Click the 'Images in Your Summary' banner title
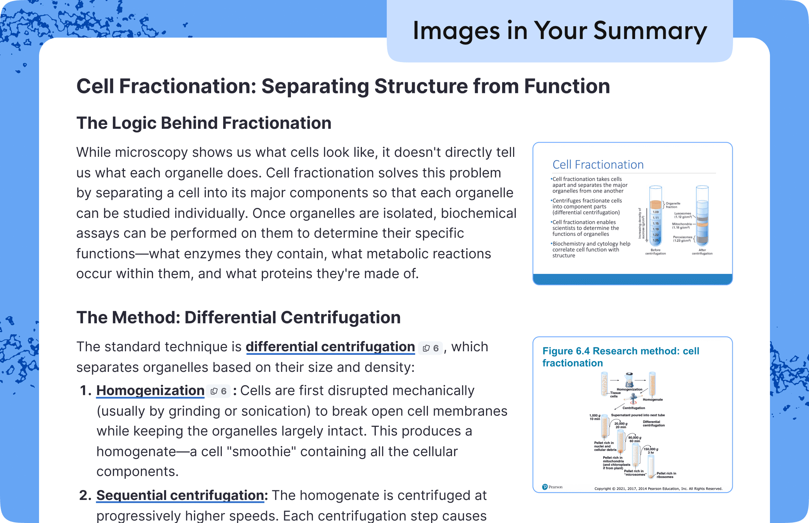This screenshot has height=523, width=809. [560, 31]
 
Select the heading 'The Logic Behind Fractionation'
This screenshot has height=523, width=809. [204, 123]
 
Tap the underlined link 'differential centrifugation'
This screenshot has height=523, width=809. [330, 347]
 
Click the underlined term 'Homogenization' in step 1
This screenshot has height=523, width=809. [150, 391]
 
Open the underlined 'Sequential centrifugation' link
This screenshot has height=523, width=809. [180, 495]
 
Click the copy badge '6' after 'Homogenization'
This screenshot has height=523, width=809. [219, 391]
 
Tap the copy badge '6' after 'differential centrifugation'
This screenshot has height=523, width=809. [430, 348]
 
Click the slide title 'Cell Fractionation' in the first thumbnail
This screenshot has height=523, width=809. [598, 165]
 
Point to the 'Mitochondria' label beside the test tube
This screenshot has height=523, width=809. [682, 224]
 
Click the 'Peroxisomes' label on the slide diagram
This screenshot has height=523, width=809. [682, 237]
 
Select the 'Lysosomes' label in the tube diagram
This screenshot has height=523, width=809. [683, 214]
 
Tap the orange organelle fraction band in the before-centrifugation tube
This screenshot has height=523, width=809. [655, 205]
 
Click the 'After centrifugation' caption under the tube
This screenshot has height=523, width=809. [702, 252]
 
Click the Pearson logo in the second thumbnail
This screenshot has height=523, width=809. [552, 487]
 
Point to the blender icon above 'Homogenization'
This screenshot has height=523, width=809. [629, 380]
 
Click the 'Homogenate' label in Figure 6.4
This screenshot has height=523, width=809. [653, 400]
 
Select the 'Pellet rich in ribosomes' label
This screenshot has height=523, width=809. [666, 475]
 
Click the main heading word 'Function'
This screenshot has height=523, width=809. [567, 86]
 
